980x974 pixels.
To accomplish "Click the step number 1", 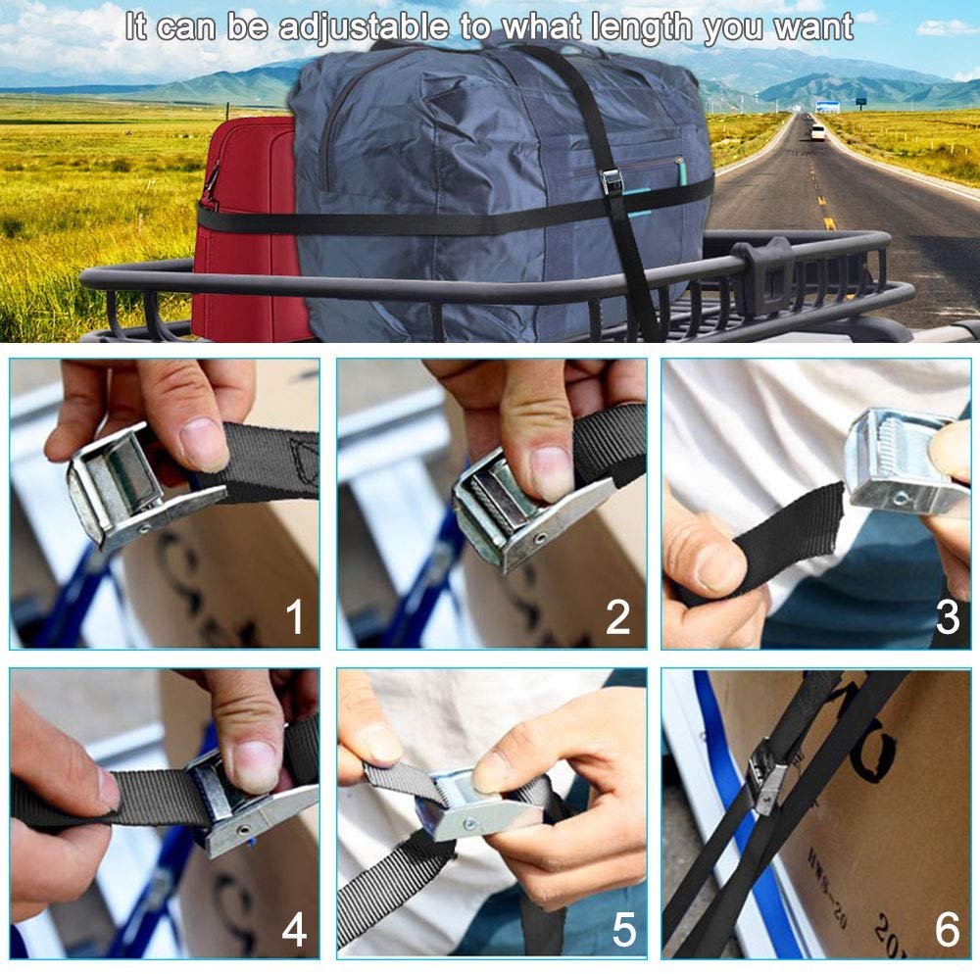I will pyautogui.click(x=294, y=618).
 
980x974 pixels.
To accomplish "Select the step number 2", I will pyautogui.click(x=618, y=618).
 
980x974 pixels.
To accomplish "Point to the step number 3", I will pyautogui.click(x=947, y=618).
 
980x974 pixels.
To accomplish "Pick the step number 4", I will pyautogui.click(x=294, y=930).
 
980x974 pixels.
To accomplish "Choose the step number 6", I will pyautogui.click(x=947, y=930).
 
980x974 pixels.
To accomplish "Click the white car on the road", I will pyautogui.click(x=817, y=132).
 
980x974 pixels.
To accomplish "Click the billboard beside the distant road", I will pyautogui.click(x=827, y=106).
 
